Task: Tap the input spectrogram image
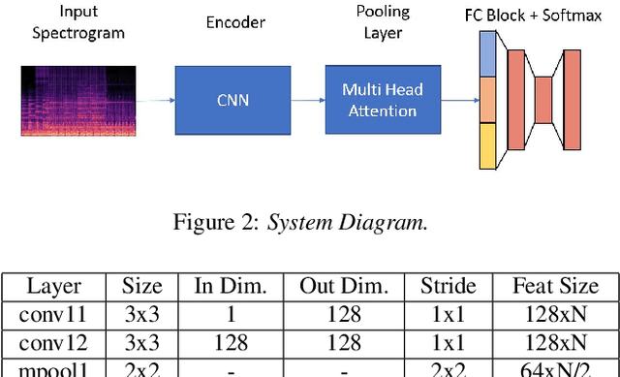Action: pos(72,101)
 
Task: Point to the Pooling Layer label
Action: pos(382,20)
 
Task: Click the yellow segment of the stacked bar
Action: pos(487,145)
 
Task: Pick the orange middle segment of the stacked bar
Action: pos(487,99)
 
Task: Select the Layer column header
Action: pos(53,287)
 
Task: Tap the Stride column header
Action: pos(448,287)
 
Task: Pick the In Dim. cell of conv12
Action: pos(230,342)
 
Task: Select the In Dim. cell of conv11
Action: pos(230,314)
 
